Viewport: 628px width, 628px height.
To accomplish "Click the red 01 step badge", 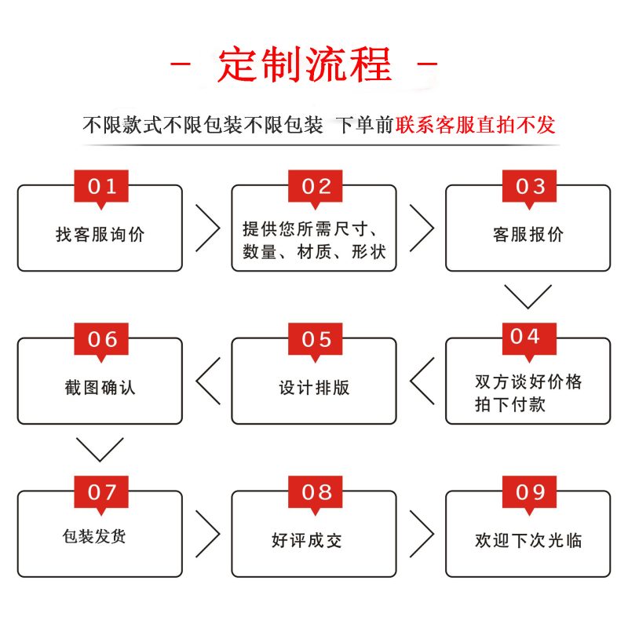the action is [x=101, y=188].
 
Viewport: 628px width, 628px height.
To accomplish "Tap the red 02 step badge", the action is [x=316, y=188].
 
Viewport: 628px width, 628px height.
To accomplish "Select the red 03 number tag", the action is [x=529, y=188].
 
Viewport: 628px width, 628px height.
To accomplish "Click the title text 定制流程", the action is [x=305, y=64].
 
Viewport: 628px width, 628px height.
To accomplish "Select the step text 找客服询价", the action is [x=100, y=234].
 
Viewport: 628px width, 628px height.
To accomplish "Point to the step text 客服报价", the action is [x=528, y=234].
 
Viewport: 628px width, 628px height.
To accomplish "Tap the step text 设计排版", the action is [x=315, y=387].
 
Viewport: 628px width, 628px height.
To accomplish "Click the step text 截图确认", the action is [x=100, y=387].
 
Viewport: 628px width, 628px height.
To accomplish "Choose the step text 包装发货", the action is [x=94, y=536].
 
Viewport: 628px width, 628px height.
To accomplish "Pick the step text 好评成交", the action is [x=307, y=540].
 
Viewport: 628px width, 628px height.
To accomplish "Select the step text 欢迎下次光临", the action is [x=528, y=540].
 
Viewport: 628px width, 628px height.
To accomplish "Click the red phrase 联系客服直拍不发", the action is [x=476, y=125].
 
